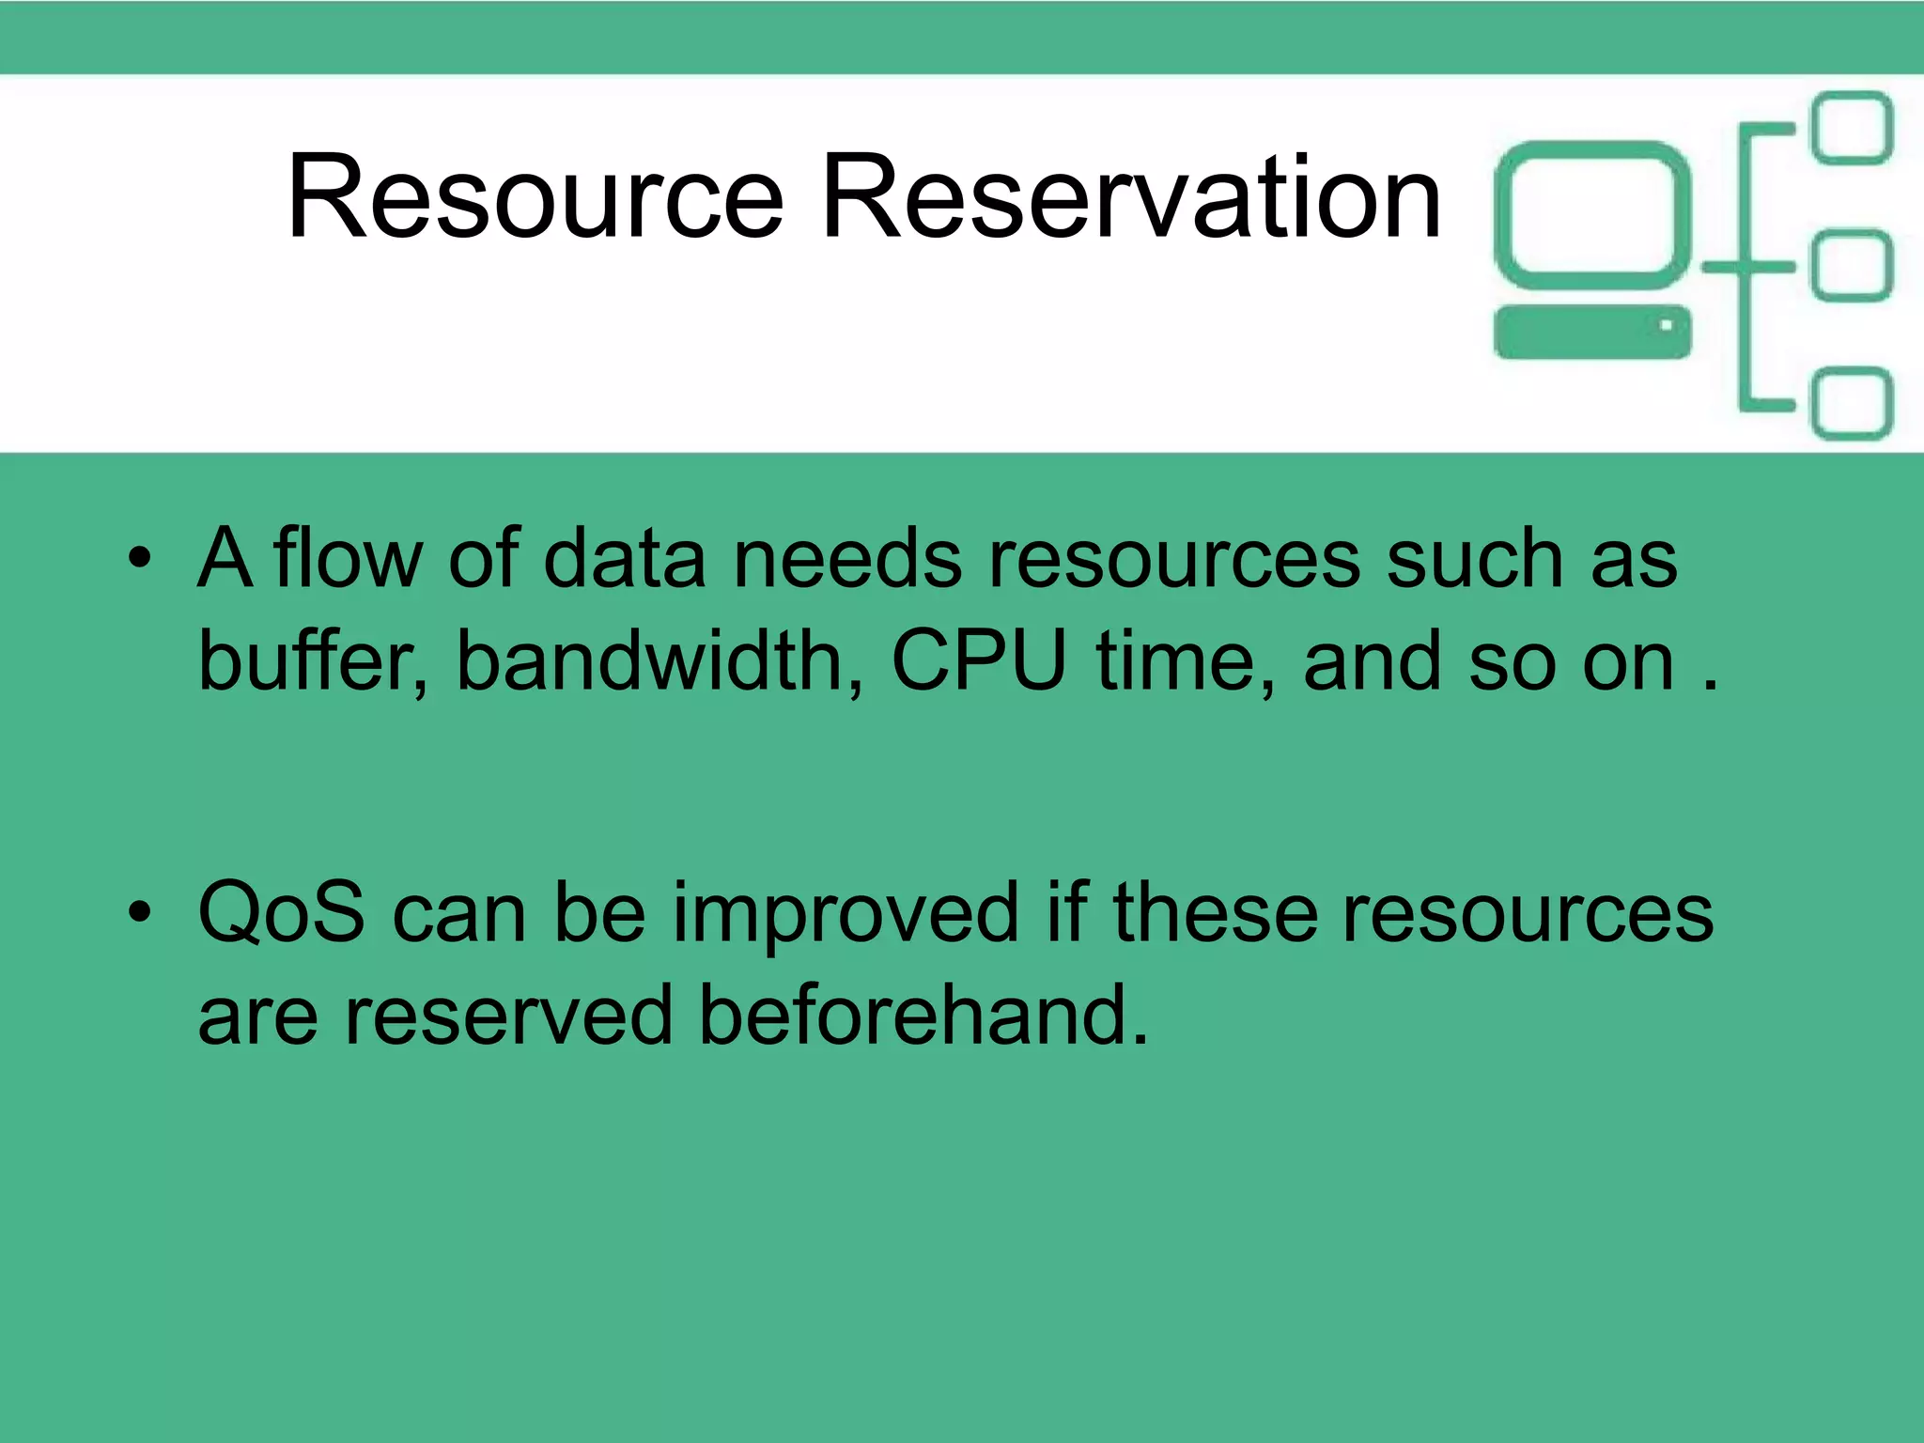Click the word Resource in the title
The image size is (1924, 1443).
[x=535, y=198]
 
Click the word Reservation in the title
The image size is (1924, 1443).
[x=1130, y=198]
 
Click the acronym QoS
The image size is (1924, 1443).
[x=281, y=913]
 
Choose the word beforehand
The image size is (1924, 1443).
[x=923, y=1016]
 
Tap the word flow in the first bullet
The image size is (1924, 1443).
[x=349, y=559]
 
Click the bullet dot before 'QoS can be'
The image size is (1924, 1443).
[x=140, y=913]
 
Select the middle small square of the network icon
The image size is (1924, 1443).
[x=1851, y=267]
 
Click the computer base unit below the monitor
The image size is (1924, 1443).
[x=1591, y=333]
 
